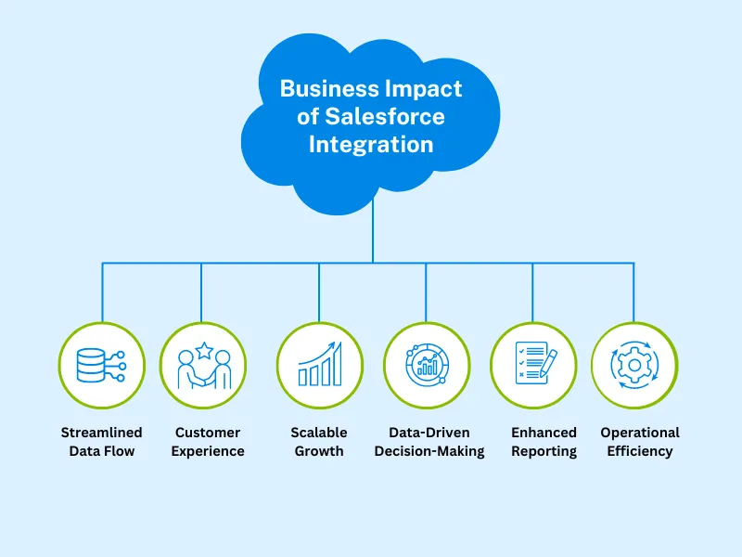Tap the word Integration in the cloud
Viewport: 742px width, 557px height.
click(371, 145)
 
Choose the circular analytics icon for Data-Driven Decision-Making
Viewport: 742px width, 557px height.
click(427, 365)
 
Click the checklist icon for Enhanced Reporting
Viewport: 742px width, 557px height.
click(533, 365)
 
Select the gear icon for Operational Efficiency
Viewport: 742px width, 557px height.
click(634, 365)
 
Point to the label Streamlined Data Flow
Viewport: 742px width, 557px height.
click(102, 442)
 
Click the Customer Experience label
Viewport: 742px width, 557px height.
click(209, 442)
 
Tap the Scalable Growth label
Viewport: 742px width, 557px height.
click(319, 442)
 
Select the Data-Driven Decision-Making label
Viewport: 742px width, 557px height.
click(429, 442)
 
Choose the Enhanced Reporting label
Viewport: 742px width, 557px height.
click(544, 442)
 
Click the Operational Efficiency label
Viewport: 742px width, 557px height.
click(640, 442)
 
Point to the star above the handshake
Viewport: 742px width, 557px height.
click(203, 350)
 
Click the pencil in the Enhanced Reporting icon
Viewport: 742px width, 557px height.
click(545, 363)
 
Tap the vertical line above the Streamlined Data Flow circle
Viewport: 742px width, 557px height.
click(102, 292)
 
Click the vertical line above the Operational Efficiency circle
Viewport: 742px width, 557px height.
click(634, 292)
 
